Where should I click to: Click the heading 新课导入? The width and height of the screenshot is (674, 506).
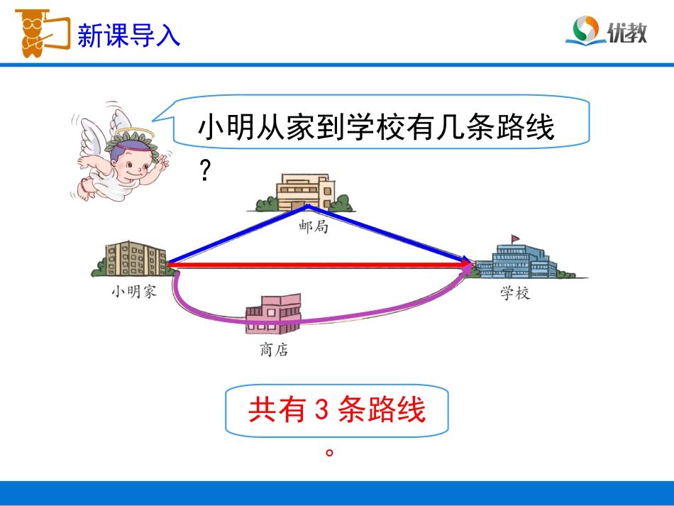click(x=128, y=35)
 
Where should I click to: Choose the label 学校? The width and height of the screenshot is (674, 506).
click(x=515, y=293)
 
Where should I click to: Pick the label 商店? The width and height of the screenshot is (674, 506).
click(x=274, y=350)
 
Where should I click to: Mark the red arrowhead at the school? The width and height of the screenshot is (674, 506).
click(x=467, y=265)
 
